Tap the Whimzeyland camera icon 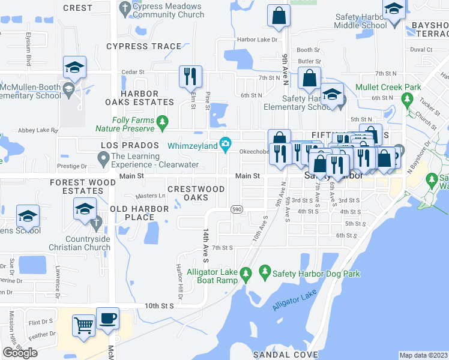pyautogui.click(x=226, y=143)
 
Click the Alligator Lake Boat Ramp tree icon pyautogui.click(x=246, y=274)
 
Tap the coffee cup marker pyautogui.click(x=107, y=319)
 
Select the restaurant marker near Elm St pyautogui.click(x=190, y=76)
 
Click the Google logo pyautogui.click(x=20, y=353)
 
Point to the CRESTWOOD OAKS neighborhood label pyautogui.click(x=196, y=193)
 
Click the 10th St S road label pyautogui.click(x=158, y=305)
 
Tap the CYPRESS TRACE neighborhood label pyautogui.click(x=143, y=46)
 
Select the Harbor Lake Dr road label pyautogui.click(x=259, y=40)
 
